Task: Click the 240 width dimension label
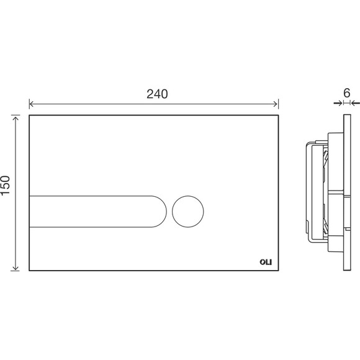157,94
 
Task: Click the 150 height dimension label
5,186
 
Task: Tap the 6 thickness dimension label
347,93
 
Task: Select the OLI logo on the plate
266,262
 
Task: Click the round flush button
188,212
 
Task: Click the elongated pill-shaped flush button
98,212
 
